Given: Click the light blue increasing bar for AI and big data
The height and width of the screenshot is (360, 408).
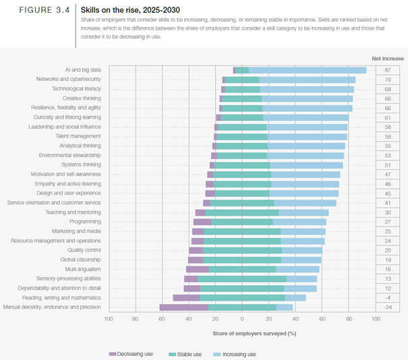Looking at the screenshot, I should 308,70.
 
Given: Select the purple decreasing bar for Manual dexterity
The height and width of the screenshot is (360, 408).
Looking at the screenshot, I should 183,307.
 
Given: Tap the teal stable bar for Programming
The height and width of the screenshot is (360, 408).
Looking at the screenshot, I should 242,222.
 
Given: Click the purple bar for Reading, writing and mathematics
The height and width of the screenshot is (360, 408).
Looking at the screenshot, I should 186,297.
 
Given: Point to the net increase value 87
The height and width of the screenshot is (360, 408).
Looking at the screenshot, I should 388,70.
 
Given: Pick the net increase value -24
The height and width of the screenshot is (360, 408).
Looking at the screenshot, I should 388,307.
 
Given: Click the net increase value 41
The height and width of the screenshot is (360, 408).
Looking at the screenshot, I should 388,202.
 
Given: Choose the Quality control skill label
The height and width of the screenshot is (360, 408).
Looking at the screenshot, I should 82,250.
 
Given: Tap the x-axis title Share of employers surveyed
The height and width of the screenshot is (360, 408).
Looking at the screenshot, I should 242,333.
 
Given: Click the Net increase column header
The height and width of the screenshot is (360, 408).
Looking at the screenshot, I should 388,59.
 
